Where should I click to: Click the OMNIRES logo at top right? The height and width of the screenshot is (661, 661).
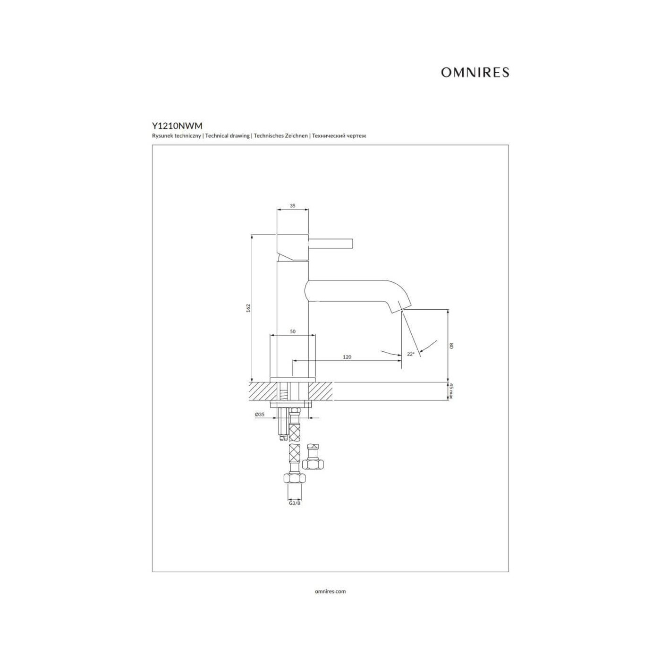(475, 72)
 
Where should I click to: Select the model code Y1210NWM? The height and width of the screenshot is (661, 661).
(178, 126)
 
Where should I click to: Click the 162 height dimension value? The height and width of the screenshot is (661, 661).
(249, 308)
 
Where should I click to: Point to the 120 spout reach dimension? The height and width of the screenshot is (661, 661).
(347, 357)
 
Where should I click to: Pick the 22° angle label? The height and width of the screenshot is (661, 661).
(411, 354)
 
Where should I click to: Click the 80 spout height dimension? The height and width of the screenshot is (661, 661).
(451, 346)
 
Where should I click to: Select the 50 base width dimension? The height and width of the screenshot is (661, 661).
(293, 331)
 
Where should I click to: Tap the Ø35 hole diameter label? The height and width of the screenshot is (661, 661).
(260, 415)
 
